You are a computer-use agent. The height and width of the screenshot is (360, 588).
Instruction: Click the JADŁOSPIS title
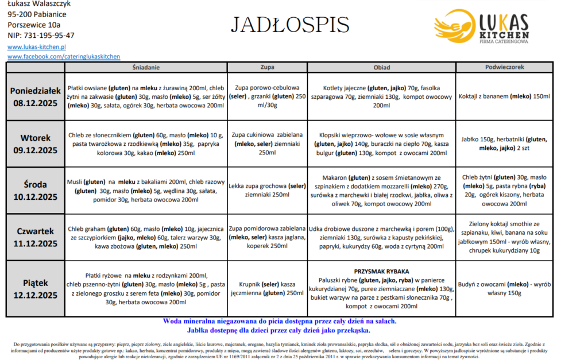290,25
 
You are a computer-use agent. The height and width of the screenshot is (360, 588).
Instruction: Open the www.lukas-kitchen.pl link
37,47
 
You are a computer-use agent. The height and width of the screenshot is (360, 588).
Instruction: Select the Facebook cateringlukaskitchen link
64,56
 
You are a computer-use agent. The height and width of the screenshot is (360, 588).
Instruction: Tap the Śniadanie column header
145,67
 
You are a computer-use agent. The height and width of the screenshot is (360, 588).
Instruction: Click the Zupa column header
267,67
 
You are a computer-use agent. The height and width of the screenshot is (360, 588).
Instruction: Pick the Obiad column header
381,67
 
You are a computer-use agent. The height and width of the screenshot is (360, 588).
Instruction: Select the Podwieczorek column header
505,67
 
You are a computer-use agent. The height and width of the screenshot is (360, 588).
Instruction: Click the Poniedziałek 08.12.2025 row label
36,96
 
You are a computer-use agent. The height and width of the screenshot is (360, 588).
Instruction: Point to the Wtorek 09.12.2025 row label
36,144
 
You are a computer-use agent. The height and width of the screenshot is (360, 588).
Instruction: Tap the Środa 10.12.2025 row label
36,190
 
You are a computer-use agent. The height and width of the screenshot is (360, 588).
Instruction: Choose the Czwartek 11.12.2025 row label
36,237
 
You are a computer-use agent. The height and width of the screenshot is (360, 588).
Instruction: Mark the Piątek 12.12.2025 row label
36,288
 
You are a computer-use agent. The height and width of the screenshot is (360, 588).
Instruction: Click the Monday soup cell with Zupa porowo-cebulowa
267,96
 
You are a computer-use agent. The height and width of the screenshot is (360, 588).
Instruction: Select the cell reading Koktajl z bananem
505,96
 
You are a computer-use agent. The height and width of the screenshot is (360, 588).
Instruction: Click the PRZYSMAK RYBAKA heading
381,270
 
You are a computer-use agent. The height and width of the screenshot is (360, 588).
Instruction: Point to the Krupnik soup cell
267,289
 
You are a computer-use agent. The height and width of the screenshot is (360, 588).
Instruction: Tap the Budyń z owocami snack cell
505,288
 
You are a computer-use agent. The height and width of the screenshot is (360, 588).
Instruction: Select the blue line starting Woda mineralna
280,322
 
